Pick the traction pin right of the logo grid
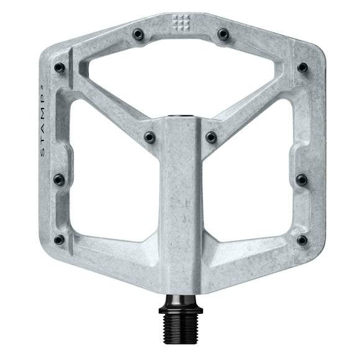click(223, 35)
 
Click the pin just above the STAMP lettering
click(60, 67)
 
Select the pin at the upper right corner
click(302, 67)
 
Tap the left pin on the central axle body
click(150, 137)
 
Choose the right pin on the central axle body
click(212, 137)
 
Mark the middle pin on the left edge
click(59, 180)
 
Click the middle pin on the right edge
click(302, 180)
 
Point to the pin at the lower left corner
click(60, 239)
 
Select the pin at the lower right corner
click(302, 240)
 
